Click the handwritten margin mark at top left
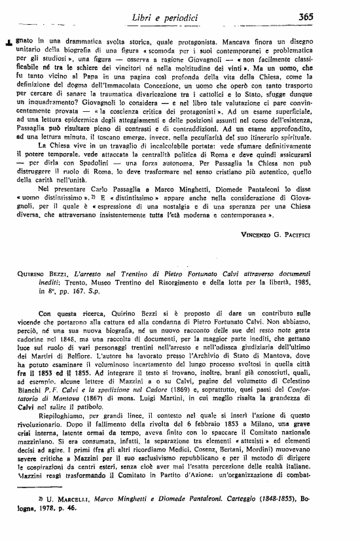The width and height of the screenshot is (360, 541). click(x=8, y=41)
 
